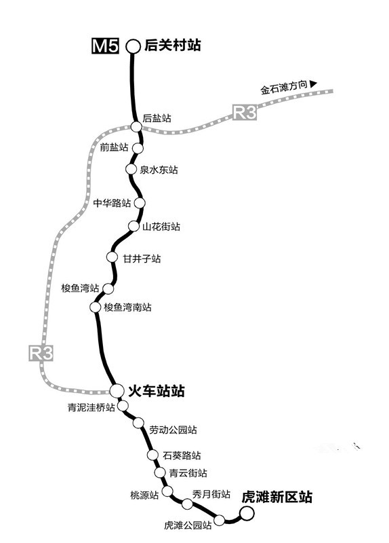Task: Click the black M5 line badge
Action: click(x=106, y=45)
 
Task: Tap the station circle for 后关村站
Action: click(x=133, y=46)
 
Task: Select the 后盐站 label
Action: click(x=157, y=118)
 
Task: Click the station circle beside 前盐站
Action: click(x=138, y=148)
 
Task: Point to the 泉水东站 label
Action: click(x=159, y=170)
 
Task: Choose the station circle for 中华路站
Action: click(x=140, y=202)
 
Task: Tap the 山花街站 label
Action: click(x=161, y=227)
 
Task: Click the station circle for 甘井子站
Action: click(x=112, y=257)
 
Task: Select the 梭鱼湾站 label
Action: click(x=80, y=288)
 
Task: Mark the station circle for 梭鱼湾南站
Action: click(x=95, y=307)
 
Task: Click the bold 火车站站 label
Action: click(x=157, y=391)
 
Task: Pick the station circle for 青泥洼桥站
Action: click(x=123, y=405)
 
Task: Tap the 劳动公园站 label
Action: click(x=173, y=430)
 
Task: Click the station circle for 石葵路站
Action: click(x=152, y=455)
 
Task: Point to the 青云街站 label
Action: click(x=188, y=472)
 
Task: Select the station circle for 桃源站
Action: click(x=167, y=491)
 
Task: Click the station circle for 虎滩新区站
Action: click(x=247, y=513)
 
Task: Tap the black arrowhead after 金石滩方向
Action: click(x=313, y=83)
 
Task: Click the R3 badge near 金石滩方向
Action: click(x=245, y=112)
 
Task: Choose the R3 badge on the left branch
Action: click(x=41, y=353)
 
